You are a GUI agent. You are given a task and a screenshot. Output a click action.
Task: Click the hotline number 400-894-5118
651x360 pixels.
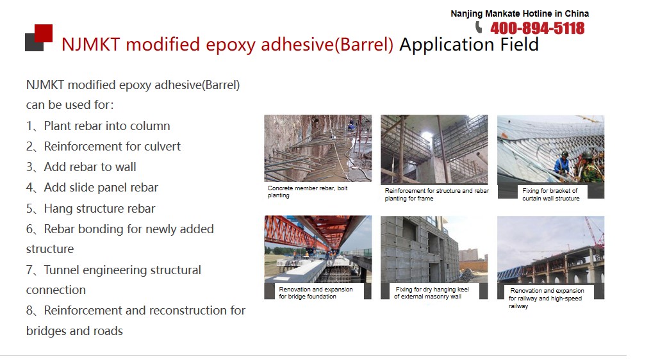coord(537,28)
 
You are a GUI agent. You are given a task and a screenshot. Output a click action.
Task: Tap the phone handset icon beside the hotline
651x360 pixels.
coord(479,28)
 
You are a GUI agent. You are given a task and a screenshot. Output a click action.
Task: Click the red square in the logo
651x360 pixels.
coord(44,33)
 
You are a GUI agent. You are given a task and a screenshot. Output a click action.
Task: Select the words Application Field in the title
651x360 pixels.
coord(469,44)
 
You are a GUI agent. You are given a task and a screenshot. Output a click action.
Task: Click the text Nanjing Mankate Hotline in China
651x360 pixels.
coord(520,13)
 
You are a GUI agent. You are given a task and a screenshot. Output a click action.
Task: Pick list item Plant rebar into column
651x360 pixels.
coord(98,126)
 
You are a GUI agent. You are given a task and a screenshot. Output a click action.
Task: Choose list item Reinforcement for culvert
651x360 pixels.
coord(103,146)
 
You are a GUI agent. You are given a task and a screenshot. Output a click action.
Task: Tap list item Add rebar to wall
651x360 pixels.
coord(81,167)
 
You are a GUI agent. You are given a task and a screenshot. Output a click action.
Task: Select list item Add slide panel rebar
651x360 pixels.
coord(92,188)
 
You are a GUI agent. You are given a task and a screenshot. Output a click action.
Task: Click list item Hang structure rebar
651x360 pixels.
coord(90,208)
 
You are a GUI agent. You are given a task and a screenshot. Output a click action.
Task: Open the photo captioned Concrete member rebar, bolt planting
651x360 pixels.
coord(318,148)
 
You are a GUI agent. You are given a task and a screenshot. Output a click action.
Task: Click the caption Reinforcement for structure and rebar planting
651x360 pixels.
coord(436,194)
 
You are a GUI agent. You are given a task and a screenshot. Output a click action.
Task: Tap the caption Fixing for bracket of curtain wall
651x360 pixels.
coord(550,194)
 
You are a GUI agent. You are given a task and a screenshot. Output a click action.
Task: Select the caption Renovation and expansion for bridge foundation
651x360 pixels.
coord(315,293)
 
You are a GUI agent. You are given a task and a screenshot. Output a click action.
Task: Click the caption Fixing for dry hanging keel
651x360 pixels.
coord(431,293)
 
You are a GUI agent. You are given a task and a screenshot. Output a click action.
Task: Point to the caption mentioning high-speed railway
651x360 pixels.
coord(547,298)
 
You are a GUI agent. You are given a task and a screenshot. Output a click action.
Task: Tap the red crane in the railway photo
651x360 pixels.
coord(594,232)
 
